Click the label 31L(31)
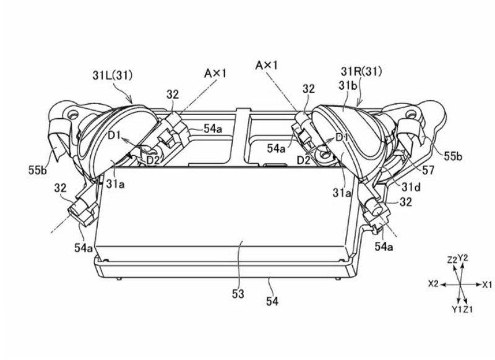pos(113,75)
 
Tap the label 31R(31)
pos(361,71)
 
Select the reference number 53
pos(238,294)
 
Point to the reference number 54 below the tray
pos(272,301)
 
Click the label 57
pos(428,170)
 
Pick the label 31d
pos(411,187)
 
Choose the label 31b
pos(348,86)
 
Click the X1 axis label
pos(487,285)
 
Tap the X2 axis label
pos(434,284)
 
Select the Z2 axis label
pos(452,260)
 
